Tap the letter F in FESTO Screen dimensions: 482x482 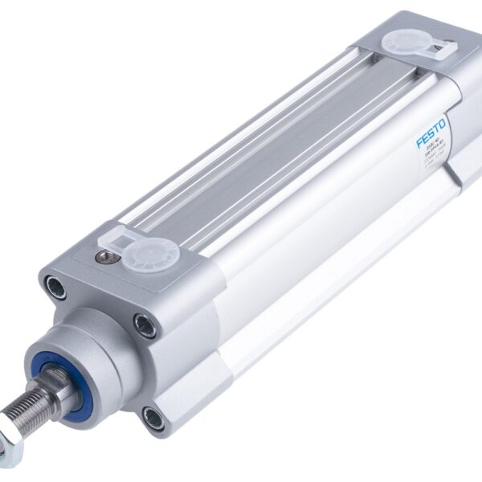pos(419,144)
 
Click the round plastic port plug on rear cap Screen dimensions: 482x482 pos(399,42)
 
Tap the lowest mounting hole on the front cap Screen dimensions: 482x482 pos(153,418)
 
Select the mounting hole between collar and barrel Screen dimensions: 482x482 pos(145,325)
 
